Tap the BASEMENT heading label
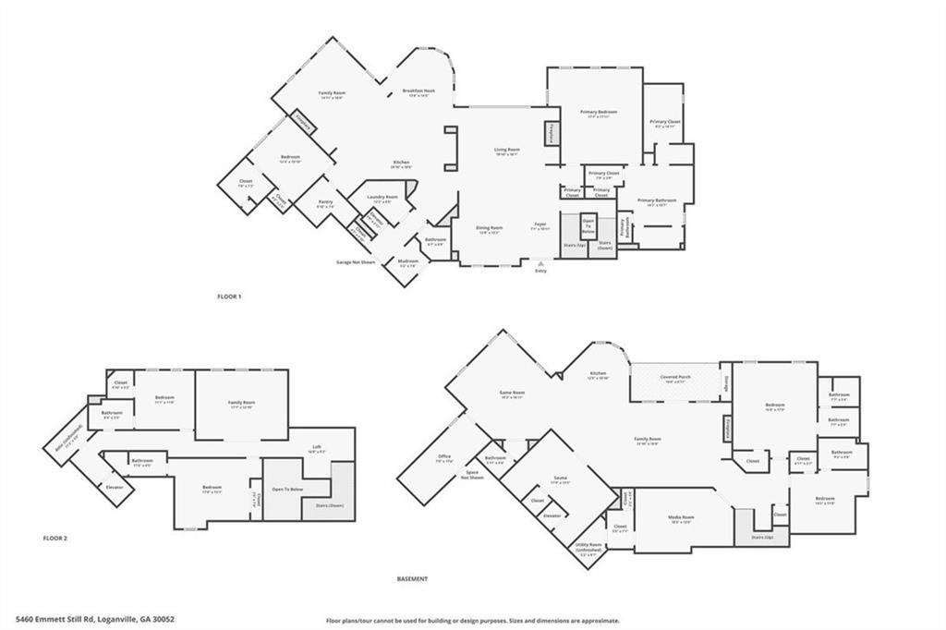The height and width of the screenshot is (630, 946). [x=412, y=579]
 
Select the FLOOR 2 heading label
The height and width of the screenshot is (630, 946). [x=55, y=537]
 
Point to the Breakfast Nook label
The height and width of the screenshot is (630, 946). [x=418, y=91]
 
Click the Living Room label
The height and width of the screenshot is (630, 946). [x=506, y=150]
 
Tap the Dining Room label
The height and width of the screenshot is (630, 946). [x=489, y=227]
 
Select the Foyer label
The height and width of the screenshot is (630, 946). [x=540, y=224]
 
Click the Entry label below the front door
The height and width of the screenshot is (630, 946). [x=540, y=271]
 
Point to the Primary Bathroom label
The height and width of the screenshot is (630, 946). [x=657, y=200]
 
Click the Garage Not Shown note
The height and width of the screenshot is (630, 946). [x=356, y=262]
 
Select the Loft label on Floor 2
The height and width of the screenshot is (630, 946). [x=317, y=446]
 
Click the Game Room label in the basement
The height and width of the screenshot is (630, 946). [x=512, y=393]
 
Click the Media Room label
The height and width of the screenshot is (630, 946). [x=682, y=517]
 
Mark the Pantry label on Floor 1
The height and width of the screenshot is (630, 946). [x=325, y=202]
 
